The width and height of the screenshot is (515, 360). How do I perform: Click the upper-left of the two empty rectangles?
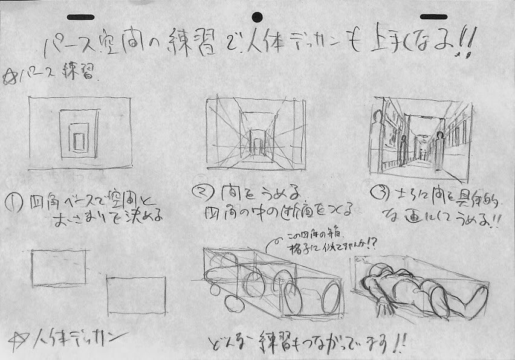coord(59,268)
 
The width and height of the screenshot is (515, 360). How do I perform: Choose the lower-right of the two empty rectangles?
coord(136,296)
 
